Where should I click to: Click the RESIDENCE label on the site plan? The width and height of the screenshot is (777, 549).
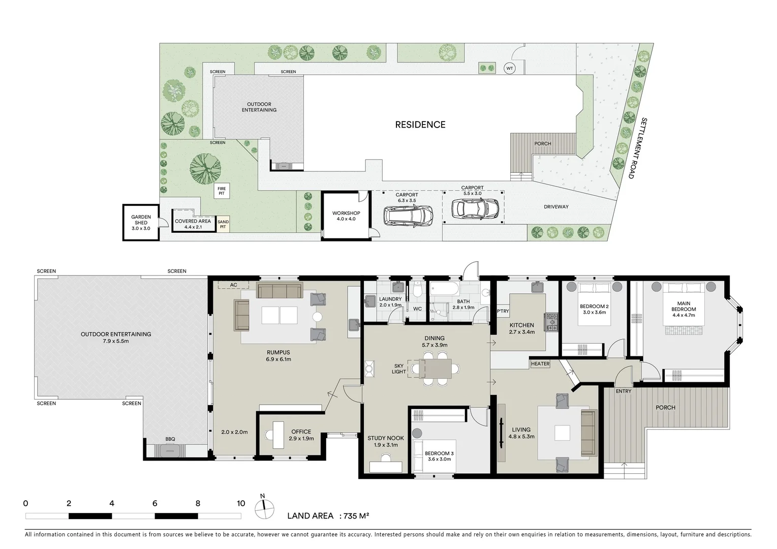point(420,125)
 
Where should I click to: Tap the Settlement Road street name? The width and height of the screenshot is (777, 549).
point(637,148)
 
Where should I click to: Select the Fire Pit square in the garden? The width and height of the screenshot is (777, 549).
point(222,191)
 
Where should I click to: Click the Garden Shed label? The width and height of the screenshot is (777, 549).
point(141,223)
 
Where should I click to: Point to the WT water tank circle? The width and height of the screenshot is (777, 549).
point(509,68)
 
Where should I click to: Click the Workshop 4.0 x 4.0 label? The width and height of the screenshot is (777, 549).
point(346,216)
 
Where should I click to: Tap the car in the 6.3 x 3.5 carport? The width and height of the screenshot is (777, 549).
point(409,216)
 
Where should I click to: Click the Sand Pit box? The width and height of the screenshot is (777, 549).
point(223,224)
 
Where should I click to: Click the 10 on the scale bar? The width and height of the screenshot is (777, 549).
point(241,504)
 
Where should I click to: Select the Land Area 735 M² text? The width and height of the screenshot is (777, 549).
point(328,516)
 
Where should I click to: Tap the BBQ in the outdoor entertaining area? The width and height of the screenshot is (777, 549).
point(170,450)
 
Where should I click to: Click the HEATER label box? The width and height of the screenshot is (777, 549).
point(540,363)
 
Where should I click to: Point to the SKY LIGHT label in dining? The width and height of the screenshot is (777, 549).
point(399,369)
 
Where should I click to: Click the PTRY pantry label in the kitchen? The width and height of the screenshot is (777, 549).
point(503,312)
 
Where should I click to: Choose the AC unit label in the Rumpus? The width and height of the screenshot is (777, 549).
point(233,285)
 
